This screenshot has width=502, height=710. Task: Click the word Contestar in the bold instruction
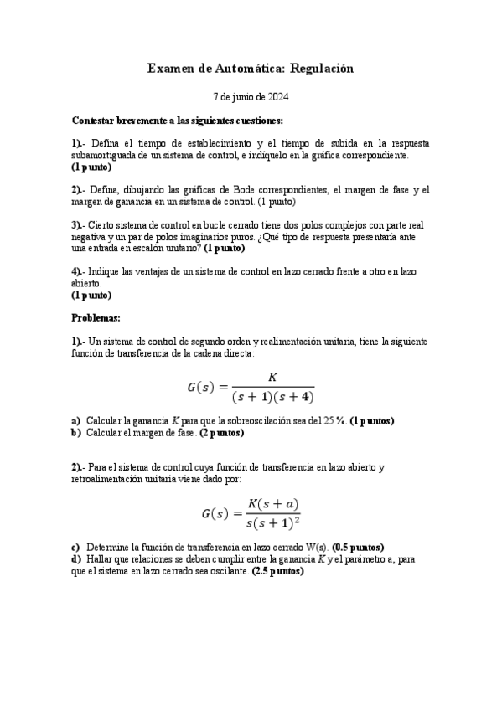tap(96, 121)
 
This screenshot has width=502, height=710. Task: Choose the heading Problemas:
tap(96, 318)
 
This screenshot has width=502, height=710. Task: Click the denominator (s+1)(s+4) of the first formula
tap(272, 396)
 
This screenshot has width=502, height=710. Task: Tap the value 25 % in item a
tap(334, 420)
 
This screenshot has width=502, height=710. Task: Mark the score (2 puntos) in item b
tap(216, 433)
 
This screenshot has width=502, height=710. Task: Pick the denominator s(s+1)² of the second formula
tap(272, 524)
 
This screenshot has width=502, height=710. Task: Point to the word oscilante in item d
tap(226, 571)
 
